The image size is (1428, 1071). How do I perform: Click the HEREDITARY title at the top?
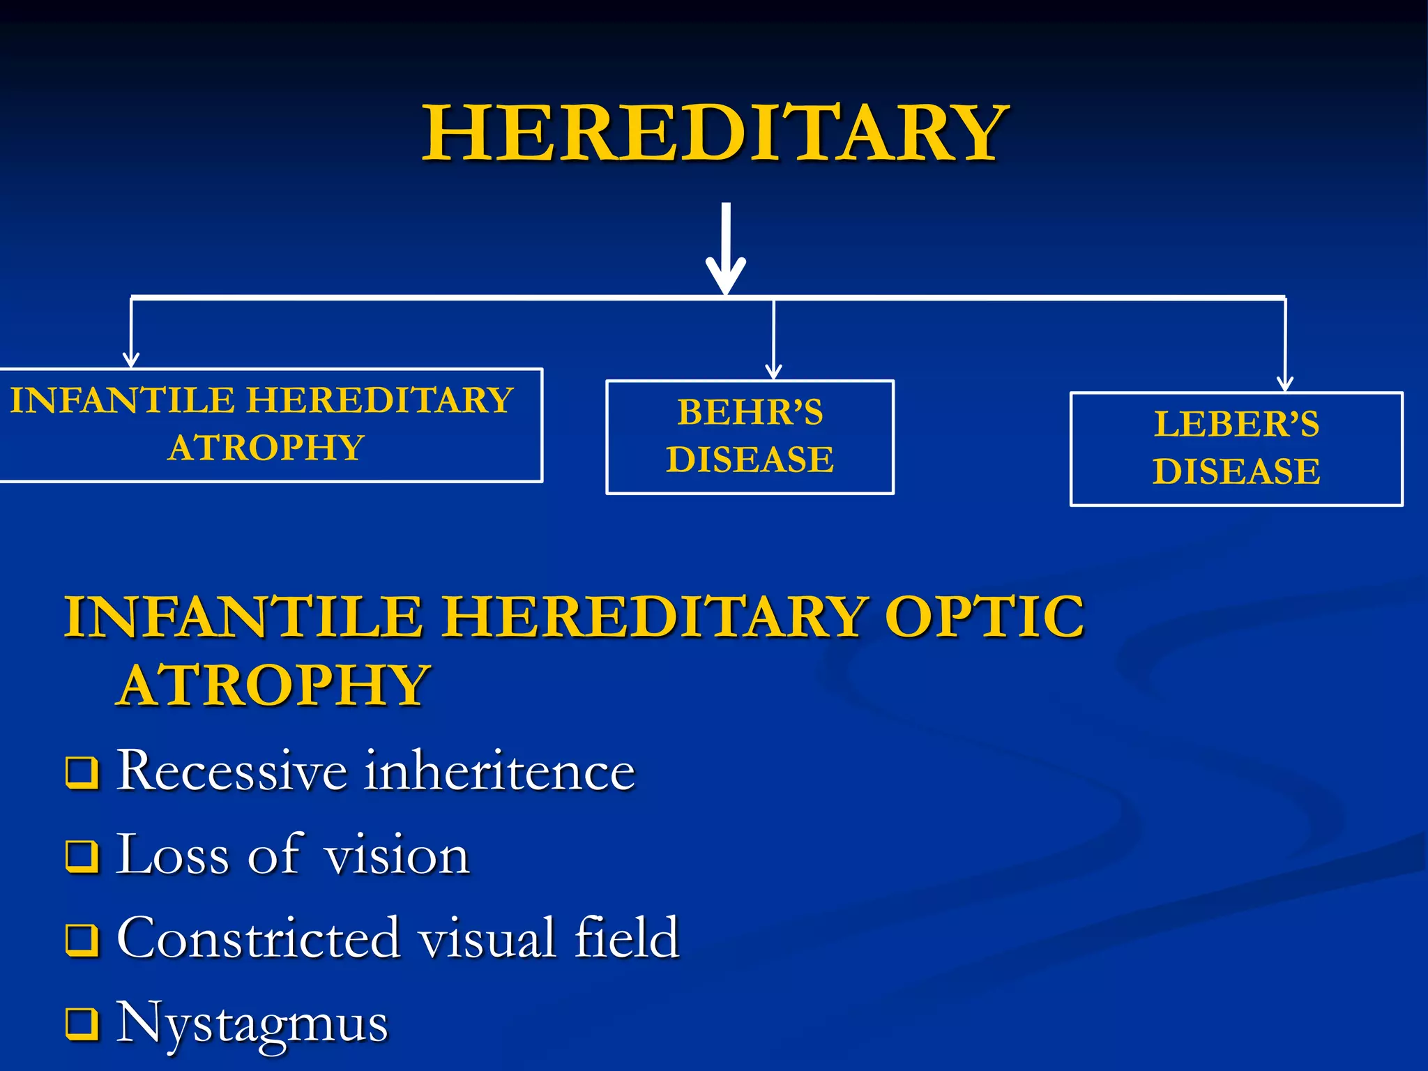coord(715,132)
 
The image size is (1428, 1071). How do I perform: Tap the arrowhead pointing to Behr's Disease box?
coord(773,372)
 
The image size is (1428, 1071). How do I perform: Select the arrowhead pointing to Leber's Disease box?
coord(1284,383)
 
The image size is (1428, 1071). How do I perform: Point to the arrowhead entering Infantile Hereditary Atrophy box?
coord(131,359)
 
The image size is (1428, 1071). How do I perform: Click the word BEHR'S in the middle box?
coord(750,412)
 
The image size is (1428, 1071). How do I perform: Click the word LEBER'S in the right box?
coord(1236,424)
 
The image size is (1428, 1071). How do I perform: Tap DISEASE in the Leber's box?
coord(1236,471)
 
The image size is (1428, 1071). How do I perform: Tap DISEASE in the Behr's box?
coord(750,459)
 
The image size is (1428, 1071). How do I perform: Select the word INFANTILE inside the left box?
coord(122,400)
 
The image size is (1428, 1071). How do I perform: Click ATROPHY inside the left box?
coord(266,448)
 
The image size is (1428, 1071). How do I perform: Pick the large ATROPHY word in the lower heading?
coord(273,685)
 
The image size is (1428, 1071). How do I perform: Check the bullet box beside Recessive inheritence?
coord(82,773)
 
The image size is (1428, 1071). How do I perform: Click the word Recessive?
coord(231,771)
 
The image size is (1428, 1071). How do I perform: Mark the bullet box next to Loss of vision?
coord(82,856)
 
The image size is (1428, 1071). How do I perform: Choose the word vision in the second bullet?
coord(397,856)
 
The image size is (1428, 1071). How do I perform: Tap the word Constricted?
coord(258,939)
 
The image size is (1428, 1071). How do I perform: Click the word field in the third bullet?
coord(626,939)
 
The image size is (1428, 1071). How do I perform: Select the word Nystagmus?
coord(251,1024)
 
